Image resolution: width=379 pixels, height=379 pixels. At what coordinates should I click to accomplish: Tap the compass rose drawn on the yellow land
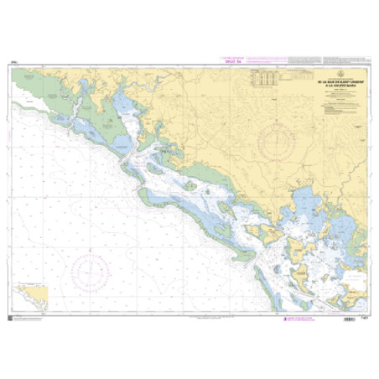282,138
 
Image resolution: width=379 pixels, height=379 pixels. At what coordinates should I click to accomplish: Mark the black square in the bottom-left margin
9,317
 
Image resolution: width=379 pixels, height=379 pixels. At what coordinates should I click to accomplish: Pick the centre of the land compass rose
282,138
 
